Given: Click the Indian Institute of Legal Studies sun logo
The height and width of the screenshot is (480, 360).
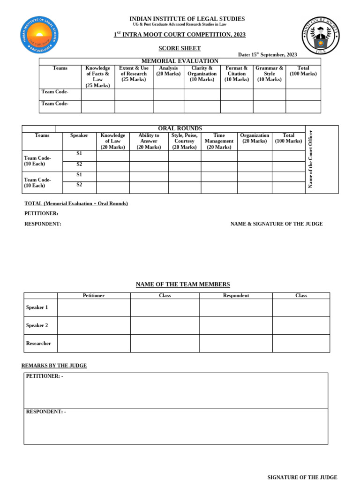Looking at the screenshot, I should (x=39, y=35).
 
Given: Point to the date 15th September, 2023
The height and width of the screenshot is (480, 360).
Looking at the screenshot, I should (x=267, y=55).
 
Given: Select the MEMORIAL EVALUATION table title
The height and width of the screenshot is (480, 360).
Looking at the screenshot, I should (x=180, y=61).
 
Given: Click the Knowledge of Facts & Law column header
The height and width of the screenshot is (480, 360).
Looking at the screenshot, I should (x=97, y=77).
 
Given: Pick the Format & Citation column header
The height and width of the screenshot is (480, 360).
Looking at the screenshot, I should (x=236, y=74).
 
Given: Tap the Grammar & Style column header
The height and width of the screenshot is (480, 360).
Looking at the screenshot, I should (x=269, y=74).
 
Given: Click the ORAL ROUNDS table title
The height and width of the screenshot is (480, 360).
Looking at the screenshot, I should (x=180, y=128).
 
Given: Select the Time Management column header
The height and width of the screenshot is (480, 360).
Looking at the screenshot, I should (x=219, y=141).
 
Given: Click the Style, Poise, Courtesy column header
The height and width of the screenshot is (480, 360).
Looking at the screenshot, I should (x=184, y=141).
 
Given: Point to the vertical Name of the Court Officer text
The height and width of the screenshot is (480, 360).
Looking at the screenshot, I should (x=310, y=159).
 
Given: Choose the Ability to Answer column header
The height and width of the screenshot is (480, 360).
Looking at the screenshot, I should (x=149, y=141).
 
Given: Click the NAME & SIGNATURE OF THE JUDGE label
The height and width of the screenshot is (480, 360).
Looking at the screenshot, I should (x=276, y=224).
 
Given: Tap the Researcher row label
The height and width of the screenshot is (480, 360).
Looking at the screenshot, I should (x=38, y=344).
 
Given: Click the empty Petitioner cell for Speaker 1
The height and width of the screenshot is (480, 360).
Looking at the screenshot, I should (x=94, y=307).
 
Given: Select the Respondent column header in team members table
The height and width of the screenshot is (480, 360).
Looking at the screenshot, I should (x=236, y=296).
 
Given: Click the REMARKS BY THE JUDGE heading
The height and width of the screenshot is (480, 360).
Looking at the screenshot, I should (x=54, y=366).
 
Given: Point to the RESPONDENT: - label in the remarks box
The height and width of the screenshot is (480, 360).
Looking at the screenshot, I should (x=45, y=412).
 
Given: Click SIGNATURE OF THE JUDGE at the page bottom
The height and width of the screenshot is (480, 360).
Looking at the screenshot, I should (x=302, y=477).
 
